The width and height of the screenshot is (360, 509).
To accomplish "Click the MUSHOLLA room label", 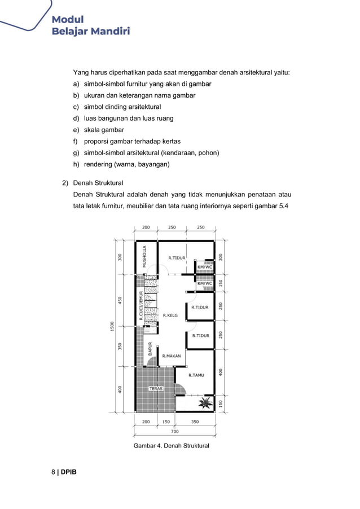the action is [x=144, y=256].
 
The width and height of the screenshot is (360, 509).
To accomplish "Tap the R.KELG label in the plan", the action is [x=170, y=315].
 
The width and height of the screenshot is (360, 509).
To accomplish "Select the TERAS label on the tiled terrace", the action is [x=156, y=389].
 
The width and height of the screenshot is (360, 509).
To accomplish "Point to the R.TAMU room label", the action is [x=196, y=375].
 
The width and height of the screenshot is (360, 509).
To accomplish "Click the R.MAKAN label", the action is [x=171, y=356].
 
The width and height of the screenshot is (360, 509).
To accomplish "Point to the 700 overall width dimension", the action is [x=175, y=431].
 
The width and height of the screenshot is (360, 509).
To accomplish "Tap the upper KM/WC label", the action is [x=204, y=267].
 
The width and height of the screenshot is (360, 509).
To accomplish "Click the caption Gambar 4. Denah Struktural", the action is [x=171, y=446].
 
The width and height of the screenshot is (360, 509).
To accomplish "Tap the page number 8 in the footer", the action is [x=54, y=471].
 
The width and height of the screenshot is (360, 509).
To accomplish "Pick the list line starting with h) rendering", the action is [x=121, y=164].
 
